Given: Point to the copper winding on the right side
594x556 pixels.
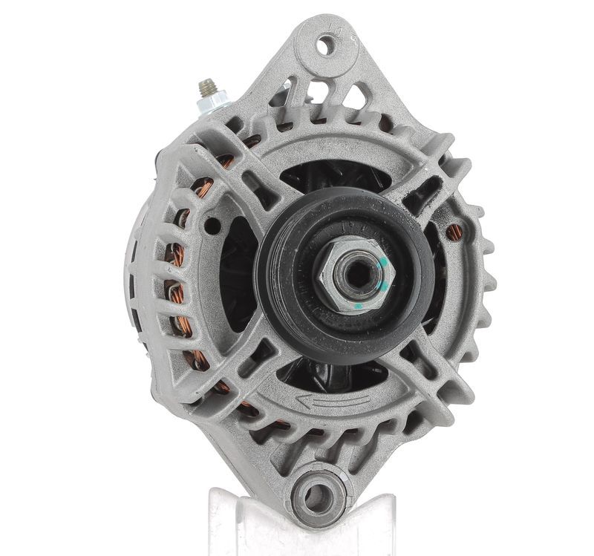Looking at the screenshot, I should pyautogui.click(x=454, y=232).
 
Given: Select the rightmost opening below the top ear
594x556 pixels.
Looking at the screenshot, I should pyautogui.click(x=356, y=97).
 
